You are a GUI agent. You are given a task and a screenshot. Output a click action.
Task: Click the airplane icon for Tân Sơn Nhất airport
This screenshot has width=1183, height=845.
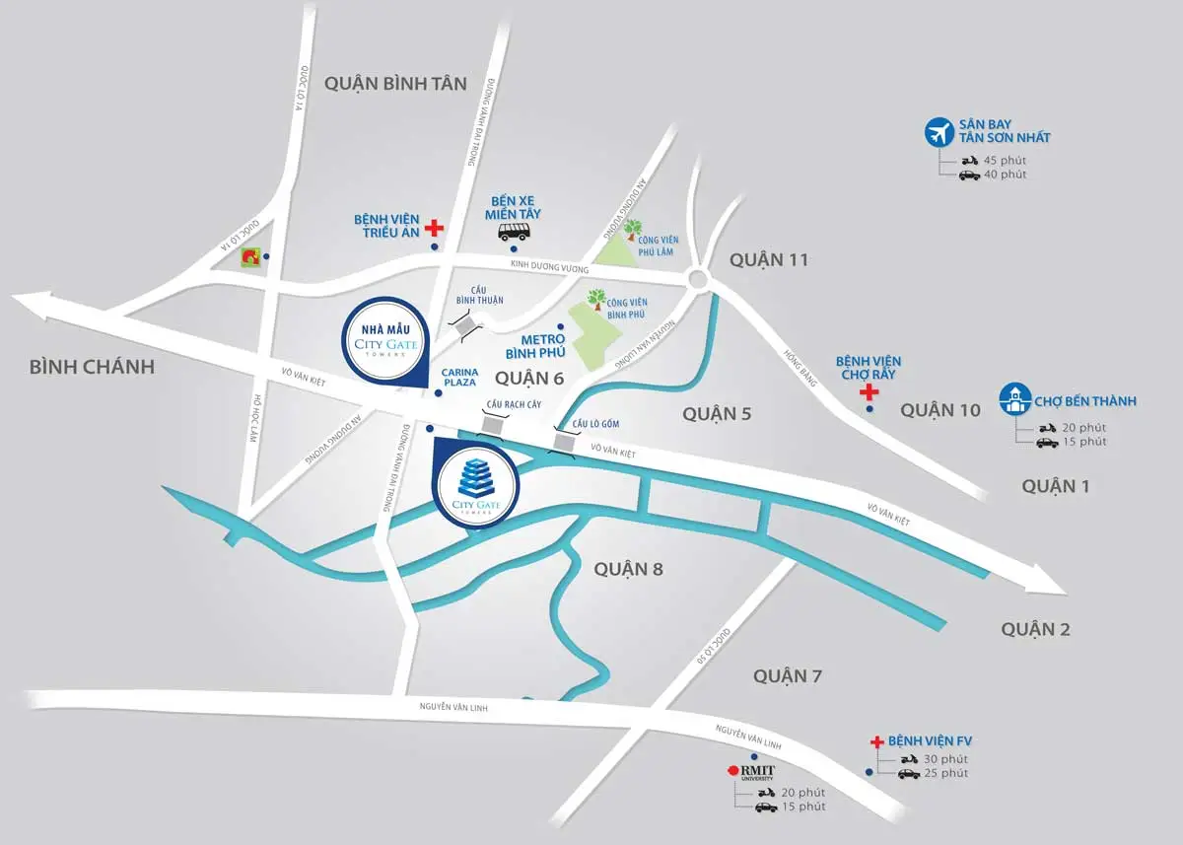click(940, 131)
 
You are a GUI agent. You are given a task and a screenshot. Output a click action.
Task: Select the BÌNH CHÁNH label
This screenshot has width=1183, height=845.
click(92, 367)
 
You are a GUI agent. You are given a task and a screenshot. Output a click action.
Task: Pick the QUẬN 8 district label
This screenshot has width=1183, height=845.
click(628, 569)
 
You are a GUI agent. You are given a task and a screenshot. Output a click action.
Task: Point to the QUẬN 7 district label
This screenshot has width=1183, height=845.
click(788, 675)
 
